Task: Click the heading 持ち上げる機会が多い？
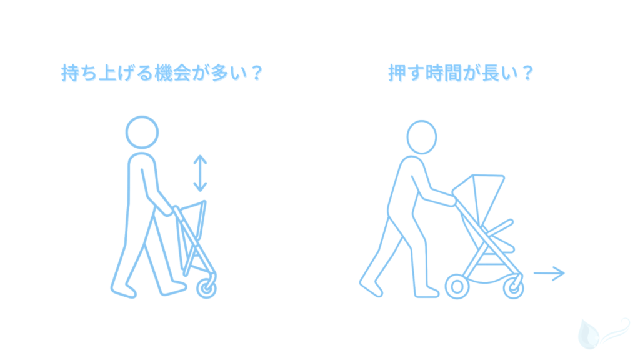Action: coord(161,74)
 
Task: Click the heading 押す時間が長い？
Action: coord(461,74)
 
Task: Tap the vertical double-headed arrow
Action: coord(199,173)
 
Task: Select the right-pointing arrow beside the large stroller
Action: coord(549,272)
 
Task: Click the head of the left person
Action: coord(142,132)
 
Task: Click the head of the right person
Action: coord(422,137)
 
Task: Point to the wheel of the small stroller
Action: coord(207,287)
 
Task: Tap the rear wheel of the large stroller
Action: coord(457,286)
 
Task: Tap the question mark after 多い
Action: coord(252,74)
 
